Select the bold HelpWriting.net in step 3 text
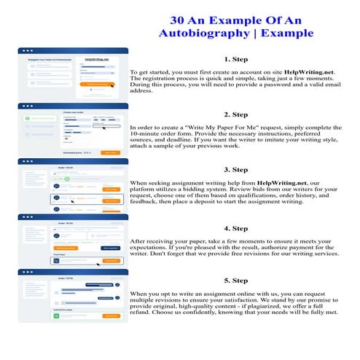(x=270, y=183)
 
